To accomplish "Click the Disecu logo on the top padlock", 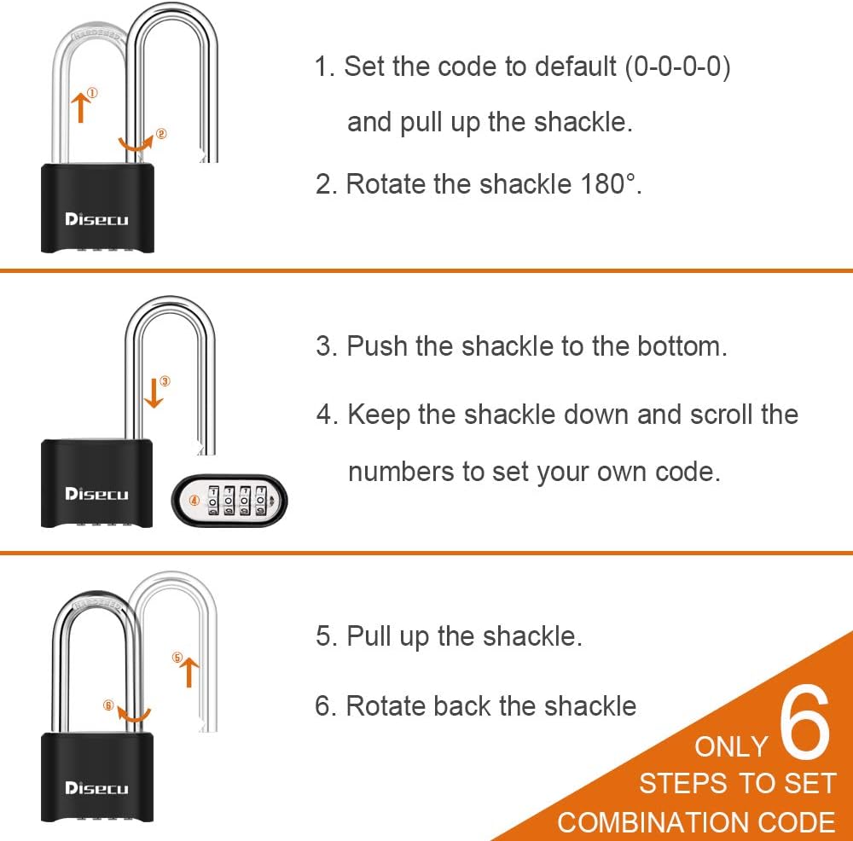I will [x=96, y=219].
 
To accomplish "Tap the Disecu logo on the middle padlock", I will [x=96, y=494].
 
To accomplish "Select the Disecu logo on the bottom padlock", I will [x=96, y=788].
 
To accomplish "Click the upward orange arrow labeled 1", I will [x=80, y=107].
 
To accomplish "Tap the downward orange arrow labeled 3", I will [x=154, y=393].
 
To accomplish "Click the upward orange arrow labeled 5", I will [x=187, y=671].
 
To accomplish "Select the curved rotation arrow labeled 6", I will [x=134, y=712].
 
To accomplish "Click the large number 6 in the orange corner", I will [x=804, y=725].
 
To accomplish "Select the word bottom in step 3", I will [x=679, y=346].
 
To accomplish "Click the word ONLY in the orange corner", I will [x=731, y=746].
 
